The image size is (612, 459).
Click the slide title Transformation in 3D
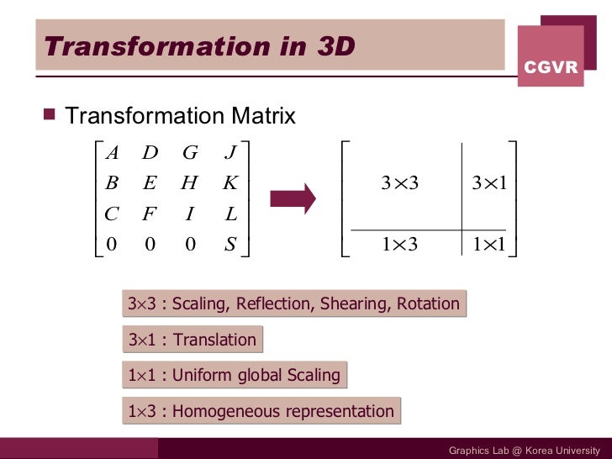coord(198,45)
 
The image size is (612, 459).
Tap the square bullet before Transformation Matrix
coord(48,116)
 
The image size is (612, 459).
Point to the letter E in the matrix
coord(150,183)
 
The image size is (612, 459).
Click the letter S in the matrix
coord(230,245)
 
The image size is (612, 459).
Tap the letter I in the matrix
coord(190,214)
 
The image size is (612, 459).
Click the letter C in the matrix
coord(111,214)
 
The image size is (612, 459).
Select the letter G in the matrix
coord(190,153)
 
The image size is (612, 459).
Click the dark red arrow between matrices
coord(292,199)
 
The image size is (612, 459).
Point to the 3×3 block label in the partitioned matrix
coord(400,184)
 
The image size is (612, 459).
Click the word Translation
coord(214,340)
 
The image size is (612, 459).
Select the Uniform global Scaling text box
coord(234,375)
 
